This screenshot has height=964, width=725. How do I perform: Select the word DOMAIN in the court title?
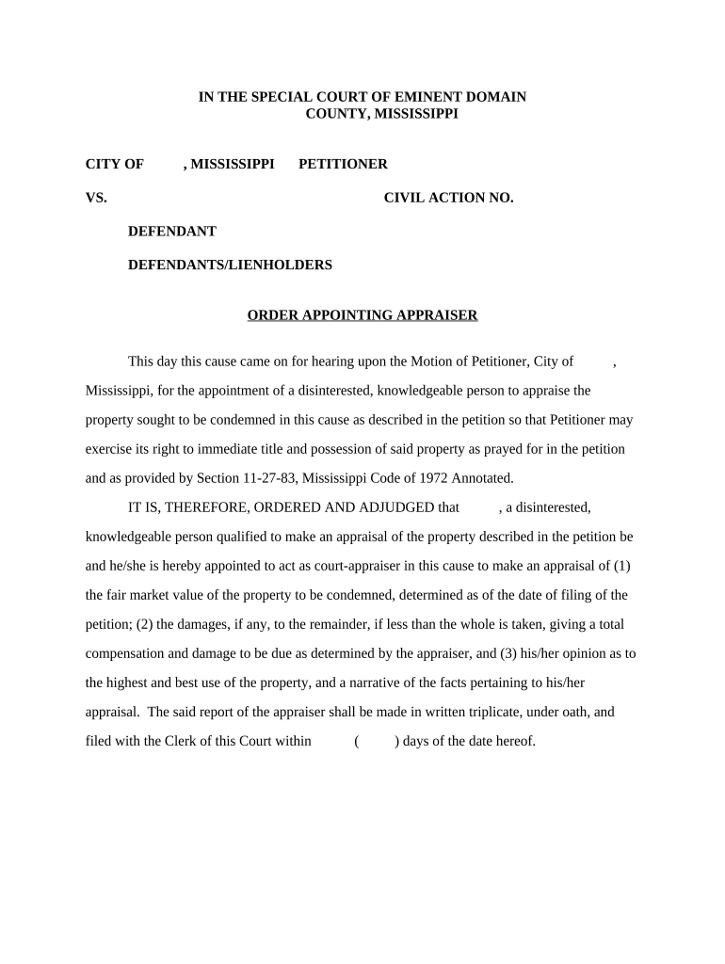coord(496,97)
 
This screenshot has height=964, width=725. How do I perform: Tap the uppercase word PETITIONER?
coord(343,164)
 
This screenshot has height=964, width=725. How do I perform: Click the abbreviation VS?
coord(96,198)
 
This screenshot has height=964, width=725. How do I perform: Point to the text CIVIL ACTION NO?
coord(448,198)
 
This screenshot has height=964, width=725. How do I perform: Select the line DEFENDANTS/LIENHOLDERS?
coord(230,265)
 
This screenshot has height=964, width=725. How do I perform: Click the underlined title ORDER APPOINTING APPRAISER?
coord(362,315)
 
